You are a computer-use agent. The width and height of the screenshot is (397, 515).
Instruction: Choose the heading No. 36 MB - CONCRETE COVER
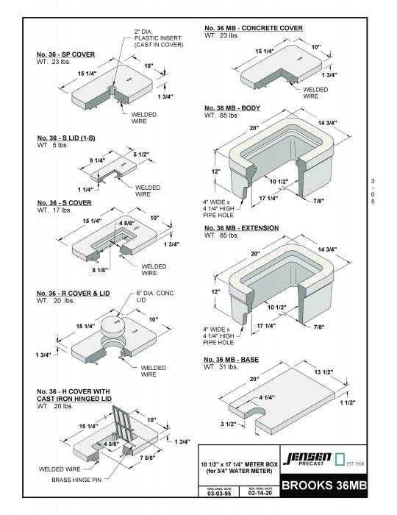(x=253, y=28)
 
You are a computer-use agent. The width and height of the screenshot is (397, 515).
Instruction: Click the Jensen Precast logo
(x=308, y=461)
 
